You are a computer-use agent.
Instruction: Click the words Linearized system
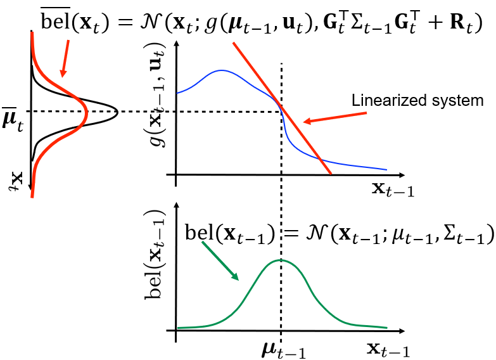pyautogui.click(x=417, y=101)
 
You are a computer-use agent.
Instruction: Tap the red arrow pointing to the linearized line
pyautogui.click(x=334, y=117)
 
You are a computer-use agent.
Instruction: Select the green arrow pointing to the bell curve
pyautogui.click(x=220, y=261)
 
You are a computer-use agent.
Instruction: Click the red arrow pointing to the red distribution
pyautogui.click(x=65, y=58)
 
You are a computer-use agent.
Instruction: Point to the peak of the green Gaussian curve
pyautogui.click(x=281, y=260)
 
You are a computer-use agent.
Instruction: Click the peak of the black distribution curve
pyautogui.click(x=117, y=112)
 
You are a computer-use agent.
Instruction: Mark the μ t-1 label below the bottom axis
pyautogui.click(x=283, y=350)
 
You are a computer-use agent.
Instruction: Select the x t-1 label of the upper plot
pyautogui.click(x=392, y=190)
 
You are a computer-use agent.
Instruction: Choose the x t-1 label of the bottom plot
pyautogui.click(x=388, y=350)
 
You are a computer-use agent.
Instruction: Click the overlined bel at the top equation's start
pyautogui.click(x=56, y=20)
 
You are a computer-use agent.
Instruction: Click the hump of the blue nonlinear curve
pyautogui.click(x=222, y=70)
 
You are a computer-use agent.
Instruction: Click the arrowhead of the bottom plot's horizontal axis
pyautogui.click(x=402, y=331)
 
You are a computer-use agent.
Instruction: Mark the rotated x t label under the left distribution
pyautogui.click(x=16, y=181)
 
